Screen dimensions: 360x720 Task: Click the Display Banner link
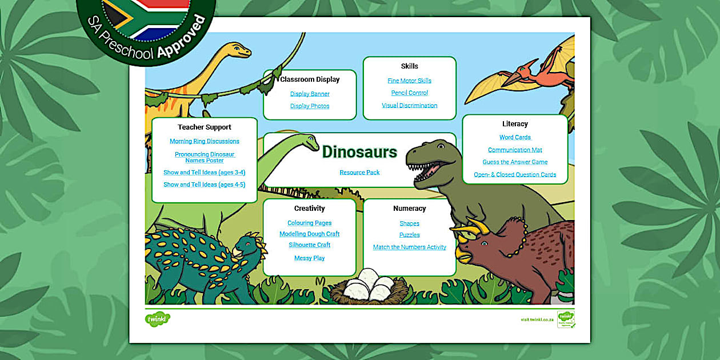(310, 94)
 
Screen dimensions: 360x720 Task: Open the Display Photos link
(310, 106)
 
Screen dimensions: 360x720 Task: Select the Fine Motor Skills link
(409, 81)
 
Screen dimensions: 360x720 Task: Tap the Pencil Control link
(409, 93)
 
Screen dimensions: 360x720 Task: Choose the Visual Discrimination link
(409, 106)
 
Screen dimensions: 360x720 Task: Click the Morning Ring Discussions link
(205, 141)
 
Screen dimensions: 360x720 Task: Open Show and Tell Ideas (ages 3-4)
(205, 173)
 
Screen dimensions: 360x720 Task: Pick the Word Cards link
(515, 137)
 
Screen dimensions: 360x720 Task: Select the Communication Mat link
(515, 150)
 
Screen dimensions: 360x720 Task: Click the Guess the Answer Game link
(515, 162)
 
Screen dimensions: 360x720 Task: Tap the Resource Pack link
(359, 173)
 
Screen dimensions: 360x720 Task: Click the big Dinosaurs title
(359, 152)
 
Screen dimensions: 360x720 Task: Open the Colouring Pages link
(310, 223)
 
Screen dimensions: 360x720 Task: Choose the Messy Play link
(310, 258)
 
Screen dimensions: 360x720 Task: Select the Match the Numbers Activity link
(409, 247)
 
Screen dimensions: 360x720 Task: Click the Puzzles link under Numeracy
(409, 235)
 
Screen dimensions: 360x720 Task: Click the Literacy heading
(515, 124)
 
